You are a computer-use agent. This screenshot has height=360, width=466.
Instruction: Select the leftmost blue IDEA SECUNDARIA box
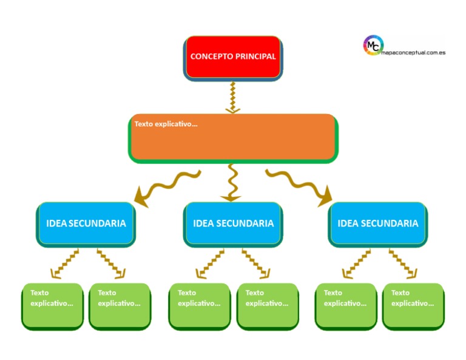[86, 224]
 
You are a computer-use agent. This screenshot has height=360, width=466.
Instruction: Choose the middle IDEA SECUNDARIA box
[233, 224]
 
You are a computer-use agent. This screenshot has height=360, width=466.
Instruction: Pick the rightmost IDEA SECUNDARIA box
[377, 224]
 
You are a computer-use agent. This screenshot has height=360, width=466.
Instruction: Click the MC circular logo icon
[373, 45]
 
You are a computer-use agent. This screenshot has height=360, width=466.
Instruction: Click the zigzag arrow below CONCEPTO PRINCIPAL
[232, 98]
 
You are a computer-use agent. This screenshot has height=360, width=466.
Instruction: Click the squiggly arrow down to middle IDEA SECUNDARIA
[231, 183]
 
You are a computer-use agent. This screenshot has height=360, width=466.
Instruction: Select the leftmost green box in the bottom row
[52, 306]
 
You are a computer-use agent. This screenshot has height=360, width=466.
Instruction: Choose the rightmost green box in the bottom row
[413, 306]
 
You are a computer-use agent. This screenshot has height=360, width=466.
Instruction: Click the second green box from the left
[120, 306]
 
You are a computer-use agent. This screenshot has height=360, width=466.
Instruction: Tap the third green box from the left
[200, 306]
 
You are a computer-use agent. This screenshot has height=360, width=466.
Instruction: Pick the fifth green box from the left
[346, 306]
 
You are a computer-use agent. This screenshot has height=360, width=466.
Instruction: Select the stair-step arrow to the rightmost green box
[402, 263]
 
